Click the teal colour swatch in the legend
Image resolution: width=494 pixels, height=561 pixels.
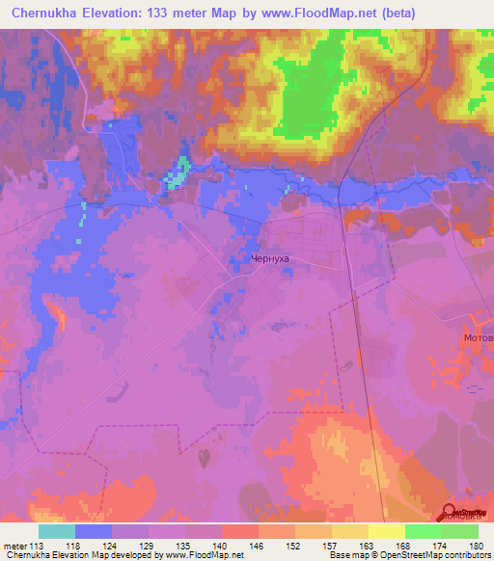coord(57,531)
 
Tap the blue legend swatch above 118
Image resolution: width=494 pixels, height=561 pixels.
coord(94,531)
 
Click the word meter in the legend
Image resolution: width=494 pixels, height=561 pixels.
coord(14,545)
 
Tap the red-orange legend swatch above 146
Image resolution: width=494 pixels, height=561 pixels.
coord(240,531)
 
